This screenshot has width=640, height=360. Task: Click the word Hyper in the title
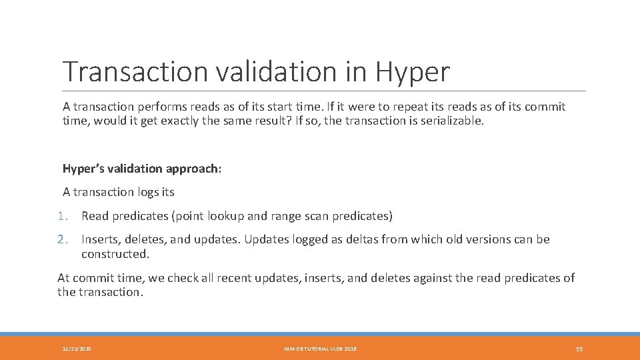tap(413, 72)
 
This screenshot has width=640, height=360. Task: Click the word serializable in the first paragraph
tap(451, 121)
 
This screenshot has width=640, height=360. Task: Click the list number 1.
tap(62, 216)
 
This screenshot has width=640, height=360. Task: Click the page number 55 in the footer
tap(579, 349)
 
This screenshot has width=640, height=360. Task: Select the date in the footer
tap(77, 349)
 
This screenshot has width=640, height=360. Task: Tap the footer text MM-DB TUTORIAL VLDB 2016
tap(320, 349)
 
